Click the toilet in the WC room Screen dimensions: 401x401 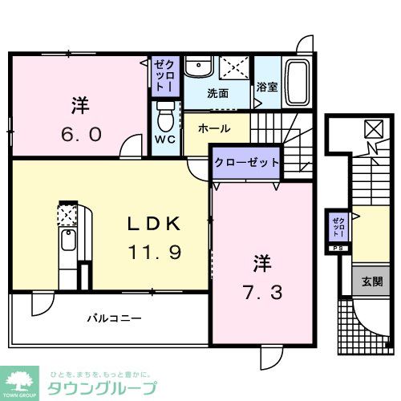point(165,119)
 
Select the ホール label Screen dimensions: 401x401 point(214,128)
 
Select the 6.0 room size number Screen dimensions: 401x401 point(79,135)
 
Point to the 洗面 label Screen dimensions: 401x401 point(217,93)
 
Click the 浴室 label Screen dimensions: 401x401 point(267,87)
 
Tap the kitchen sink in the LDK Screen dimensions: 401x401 point(67,239)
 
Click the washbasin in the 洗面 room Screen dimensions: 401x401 point(196,68)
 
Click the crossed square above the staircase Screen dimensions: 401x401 point(372,128)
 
